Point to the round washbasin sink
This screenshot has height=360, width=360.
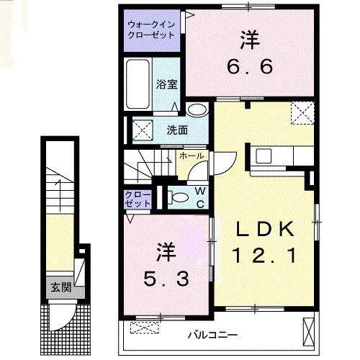coord(196,110)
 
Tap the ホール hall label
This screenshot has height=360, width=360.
coord(190,156)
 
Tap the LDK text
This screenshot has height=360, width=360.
coord(266,230)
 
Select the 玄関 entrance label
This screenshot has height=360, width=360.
coord(60,288)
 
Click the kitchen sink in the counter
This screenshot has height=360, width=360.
coord(263,154)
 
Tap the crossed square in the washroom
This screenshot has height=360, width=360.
coord(141,130)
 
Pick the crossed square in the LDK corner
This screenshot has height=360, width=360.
coord(300,113)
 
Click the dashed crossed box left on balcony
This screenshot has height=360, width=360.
coord(145,328)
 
